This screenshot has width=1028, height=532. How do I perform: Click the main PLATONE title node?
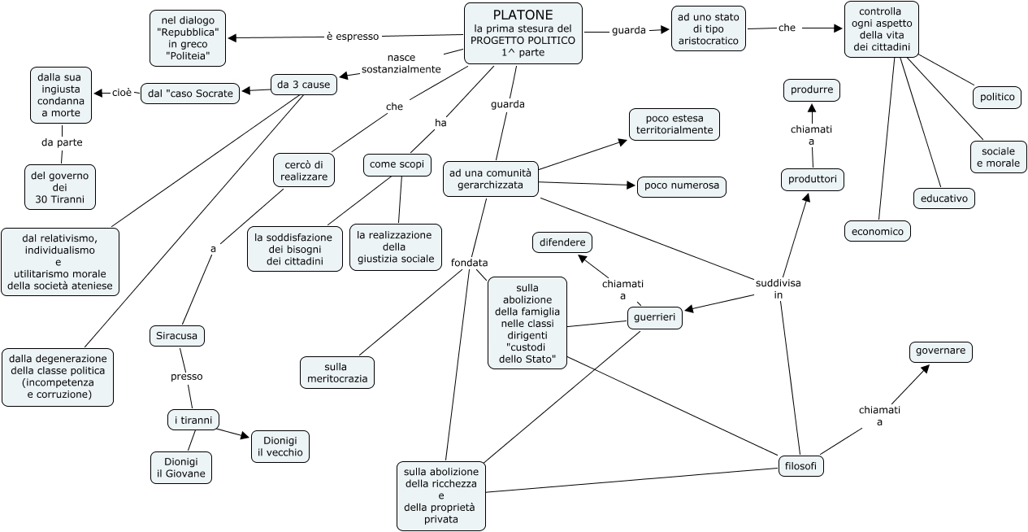523,33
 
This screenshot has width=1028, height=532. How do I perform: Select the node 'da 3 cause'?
304,84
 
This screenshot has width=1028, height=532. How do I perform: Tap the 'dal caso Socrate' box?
191,93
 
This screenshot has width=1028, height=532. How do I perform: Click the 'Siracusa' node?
178,335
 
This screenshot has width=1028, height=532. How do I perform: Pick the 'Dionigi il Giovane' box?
181,468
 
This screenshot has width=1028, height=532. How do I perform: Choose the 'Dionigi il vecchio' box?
280,447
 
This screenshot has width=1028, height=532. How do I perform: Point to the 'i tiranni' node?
193,421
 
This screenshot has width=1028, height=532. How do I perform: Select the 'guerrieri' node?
655,318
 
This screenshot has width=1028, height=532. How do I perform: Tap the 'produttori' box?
813,179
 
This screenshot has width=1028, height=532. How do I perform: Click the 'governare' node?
940,352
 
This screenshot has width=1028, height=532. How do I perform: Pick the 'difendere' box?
562,242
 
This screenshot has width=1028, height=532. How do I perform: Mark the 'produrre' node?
812,89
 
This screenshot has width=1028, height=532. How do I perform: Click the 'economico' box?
878,231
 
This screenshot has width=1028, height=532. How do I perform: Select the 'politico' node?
997,97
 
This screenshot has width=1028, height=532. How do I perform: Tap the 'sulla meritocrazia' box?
337,372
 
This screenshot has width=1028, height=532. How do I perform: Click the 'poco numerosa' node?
682,186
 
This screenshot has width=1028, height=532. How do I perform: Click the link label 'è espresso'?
352,36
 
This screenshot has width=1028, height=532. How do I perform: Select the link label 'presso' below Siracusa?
186,377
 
